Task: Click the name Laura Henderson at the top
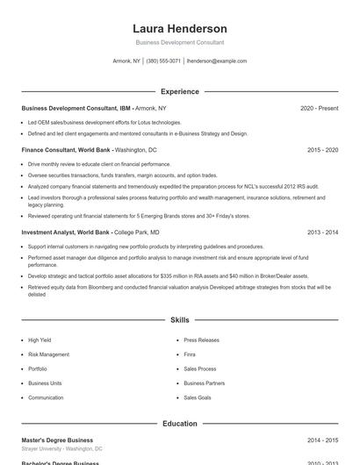[179, 28]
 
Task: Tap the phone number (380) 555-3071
[163, 61]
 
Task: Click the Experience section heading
[179, 91]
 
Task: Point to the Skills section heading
[179, 321]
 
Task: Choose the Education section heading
[179, 424]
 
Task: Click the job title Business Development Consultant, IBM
[76, 108]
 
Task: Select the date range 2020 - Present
[319, 108]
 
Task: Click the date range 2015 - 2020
[322, 150]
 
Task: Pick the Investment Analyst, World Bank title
[66, 232]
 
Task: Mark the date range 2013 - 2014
[322, 232]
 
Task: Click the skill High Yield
[40, 340]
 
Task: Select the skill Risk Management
[48, 354]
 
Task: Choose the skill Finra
[191, 354]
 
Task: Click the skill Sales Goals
[197, 397]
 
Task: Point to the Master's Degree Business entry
[56, 440]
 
